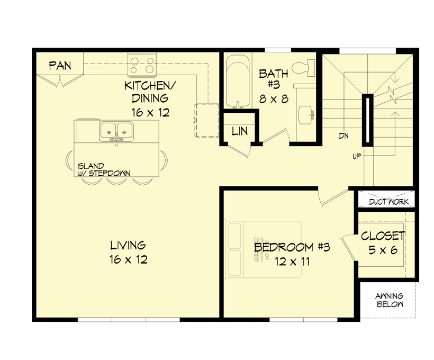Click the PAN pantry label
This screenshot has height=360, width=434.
[x=60, y=66]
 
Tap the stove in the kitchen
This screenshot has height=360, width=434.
[x=142, y=65]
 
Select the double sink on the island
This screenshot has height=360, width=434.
[x=116, y=129]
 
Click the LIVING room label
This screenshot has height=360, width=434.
[x=128, y=246]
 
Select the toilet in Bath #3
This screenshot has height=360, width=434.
[x=304, y=68]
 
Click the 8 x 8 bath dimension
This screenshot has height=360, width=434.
[x=273, y=98]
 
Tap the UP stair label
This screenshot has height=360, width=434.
[x=358, y=157]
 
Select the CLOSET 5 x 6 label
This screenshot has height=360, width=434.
[x=383, y=243]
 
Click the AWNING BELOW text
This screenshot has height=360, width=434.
[x=390, y=300]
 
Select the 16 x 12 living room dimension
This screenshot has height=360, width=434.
[x=128, y=259]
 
